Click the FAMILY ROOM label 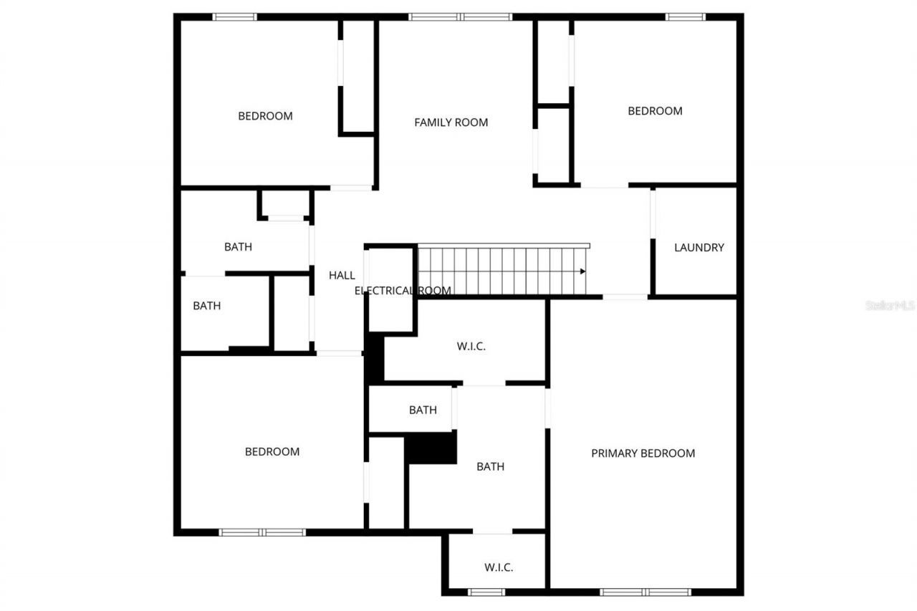451,122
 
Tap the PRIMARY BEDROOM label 643,453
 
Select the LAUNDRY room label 698,248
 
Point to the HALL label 342,275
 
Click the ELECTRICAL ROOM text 403,291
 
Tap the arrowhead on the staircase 582,271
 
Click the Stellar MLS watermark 890,305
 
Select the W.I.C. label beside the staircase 471,346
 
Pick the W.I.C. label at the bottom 498,567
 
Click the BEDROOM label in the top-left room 265,116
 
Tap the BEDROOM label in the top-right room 655,111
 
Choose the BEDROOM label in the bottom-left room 272,451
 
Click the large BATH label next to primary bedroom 491,466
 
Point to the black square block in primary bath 431,448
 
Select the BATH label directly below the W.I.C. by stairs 423,410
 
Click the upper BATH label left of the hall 238,247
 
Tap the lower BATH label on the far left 206,306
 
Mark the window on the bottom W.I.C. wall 486,592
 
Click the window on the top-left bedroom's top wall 235,16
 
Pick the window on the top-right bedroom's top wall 685,16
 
